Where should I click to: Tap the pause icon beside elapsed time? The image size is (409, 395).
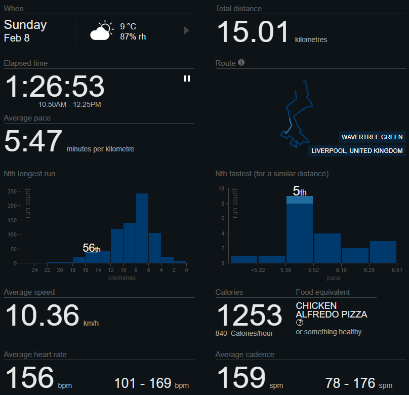[187, 78]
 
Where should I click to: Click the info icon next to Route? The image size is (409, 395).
[241, 63]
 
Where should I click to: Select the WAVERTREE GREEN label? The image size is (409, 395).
[372, 137]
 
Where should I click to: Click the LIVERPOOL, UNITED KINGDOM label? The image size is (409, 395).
[357, 150]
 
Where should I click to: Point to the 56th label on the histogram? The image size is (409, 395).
[92, 248]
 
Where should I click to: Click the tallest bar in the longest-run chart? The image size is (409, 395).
[142, 228]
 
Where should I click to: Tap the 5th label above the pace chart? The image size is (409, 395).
[300, 191]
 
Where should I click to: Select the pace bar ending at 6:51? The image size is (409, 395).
[383, 252]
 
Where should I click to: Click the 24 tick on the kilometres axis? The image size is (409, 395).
[34, 270]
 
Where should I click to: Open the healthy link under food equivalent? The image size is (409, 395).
[350, 332]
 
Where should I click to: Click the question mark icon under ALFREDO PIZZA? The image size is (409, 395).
[300, 323]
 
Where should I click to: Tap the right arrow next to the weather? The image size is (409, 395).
[187, 30]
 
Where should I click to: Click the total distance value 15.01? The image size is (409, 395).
[253, 31]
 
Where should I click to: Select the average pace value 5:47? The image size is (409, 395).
[33, 141]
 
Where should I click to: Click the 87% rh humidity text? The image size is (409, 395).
[133, 36]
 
